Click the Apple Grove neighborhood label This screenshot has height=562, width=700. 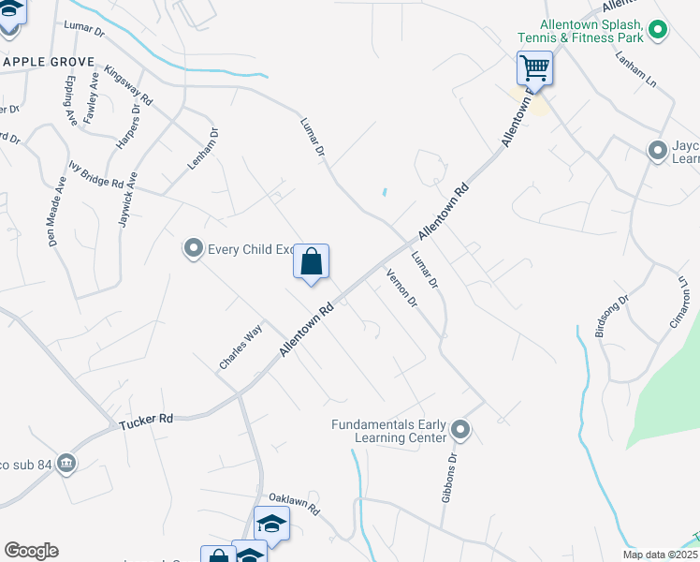tap(48, 62)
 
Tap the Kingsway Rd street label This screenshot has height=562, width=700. tap(129, 85)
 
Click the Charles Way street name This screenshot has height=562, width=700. tap(241, 348)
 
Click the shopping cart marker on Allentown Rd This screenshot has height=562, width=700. tap(534, 67)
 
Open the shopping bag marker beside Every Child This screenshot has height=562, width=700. tap(312, 261)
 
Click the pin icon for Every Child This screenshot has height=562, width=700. tap(194, 248)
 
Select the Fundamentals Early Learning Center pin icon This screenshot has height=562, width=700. tap(459, 430)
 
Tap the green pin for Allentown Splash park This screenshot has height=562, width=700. tap(658, 31)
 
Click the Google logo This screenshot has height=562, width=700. tap(31, 551)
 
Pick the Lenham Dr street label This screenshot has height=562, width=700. tap(203, 149)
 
